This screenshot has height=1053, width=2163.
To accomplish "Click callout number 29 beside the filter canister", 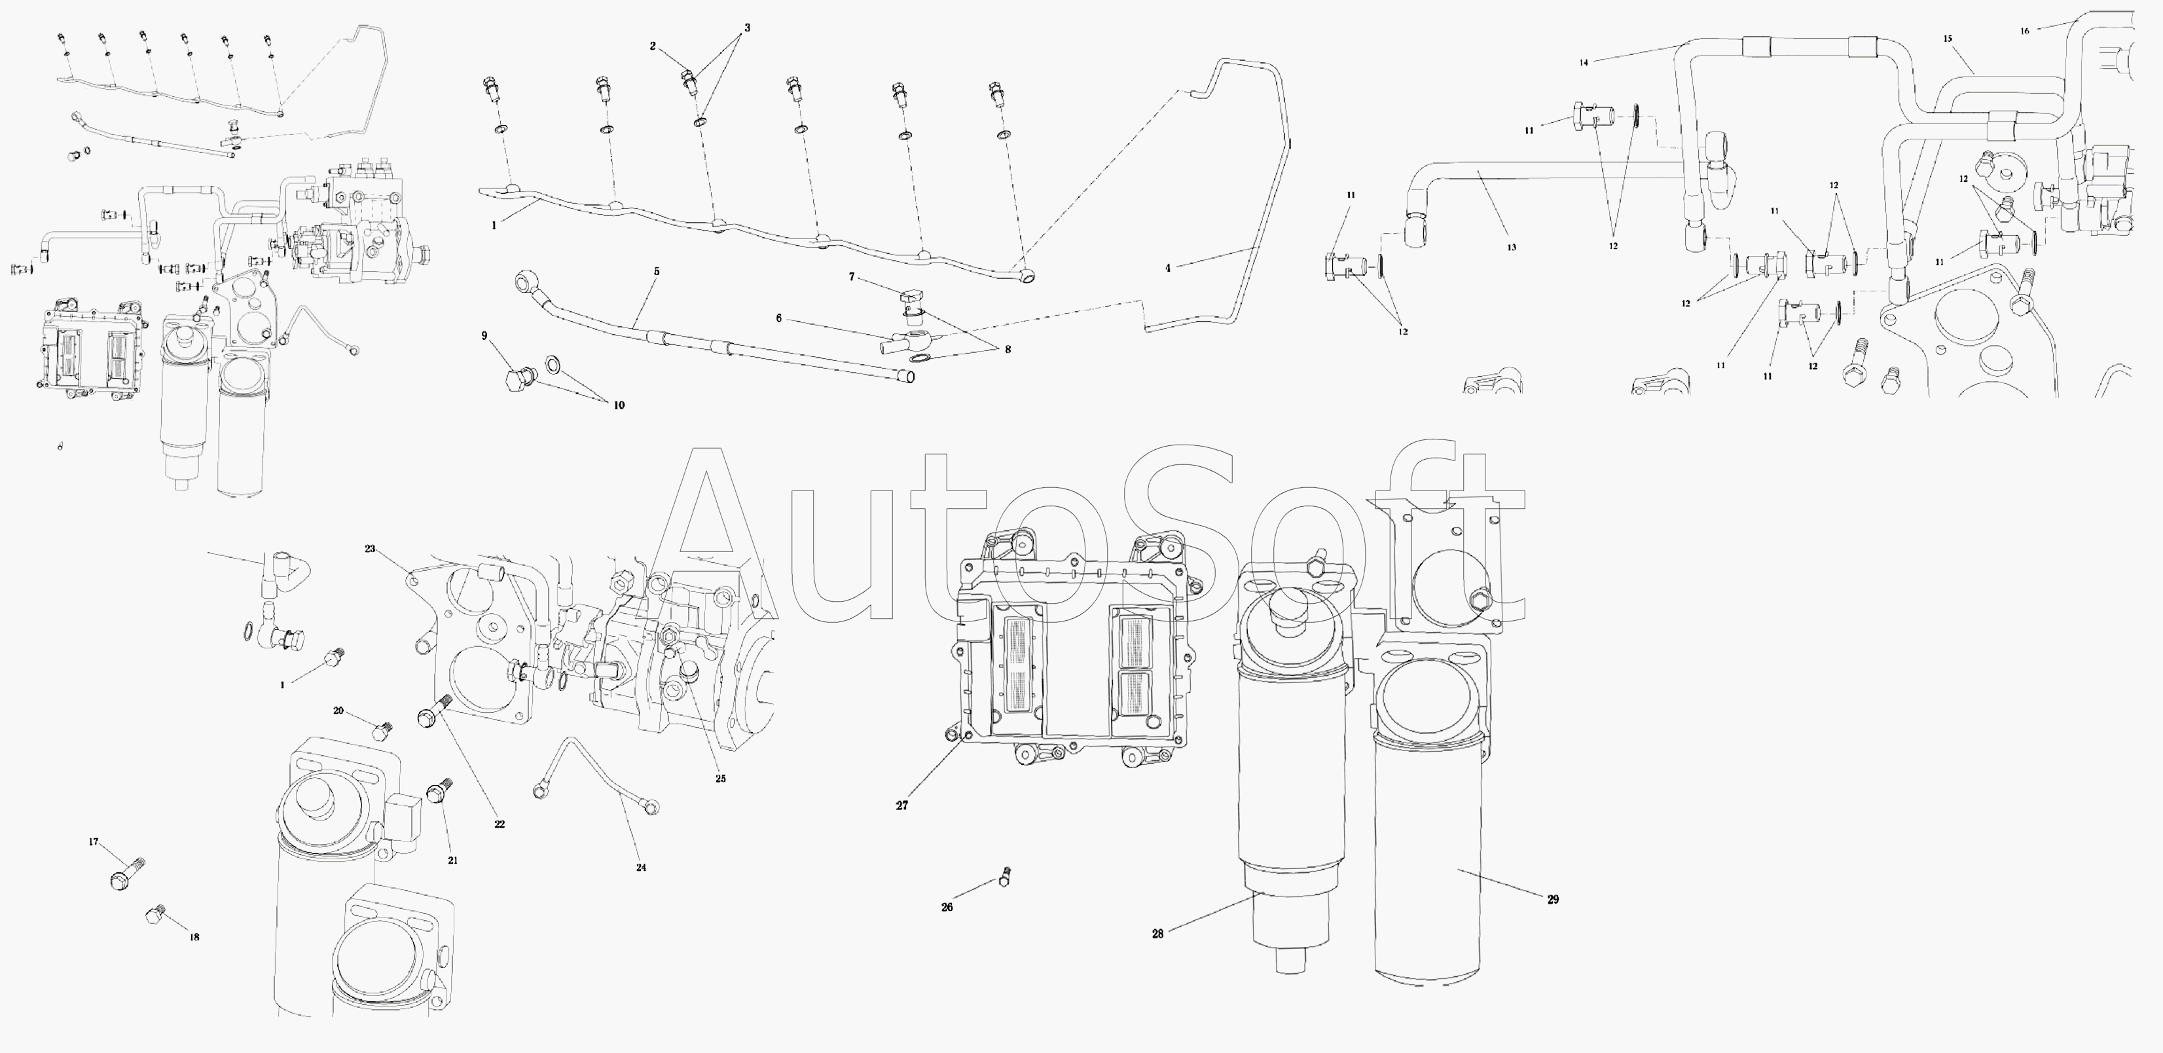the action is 1553,899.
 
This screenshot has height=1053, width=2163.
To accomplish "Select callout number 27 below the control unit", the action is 902,805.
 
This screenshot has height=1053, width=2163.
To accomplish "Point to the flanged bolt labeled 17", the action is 128,874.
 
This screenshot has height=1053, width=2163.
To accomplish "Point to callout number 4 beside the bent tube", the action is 1167,268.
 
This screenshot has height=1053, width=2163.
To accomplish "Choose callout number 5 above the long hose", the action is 657,272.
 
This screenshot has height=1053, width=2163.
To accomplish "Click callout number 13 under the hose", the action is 1512,248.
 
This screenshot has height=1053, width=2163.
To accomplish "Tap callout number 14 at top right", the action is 1584,62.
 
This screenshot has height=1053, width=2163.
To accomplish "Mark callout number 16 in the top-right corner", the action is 2024,31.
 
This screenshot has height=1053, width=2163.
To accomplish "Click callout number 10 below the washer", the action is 619,405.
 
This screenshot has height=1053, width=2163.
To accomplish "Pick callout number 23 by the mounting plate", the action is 371,549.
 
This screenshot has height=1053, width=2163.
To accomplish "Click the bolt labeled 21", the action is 439,792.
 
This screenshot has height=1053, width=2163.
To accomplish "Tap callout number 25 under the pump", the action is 720,779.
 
